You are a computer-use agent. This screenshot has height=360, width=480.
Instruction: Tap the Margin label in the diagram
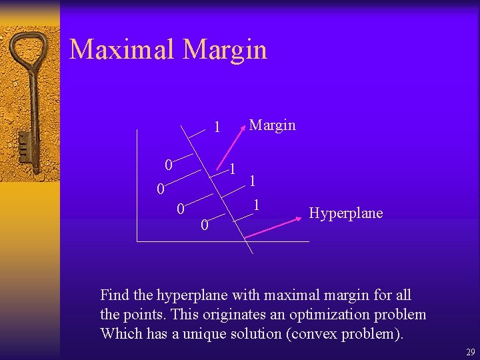[x=272, y=125]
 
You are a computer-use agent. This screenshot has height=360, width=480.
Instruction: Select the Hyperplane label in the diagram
[x=346, y=213]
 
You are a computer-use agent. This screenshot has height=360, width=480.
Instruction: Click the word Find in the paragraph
[x=114, y=295]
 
